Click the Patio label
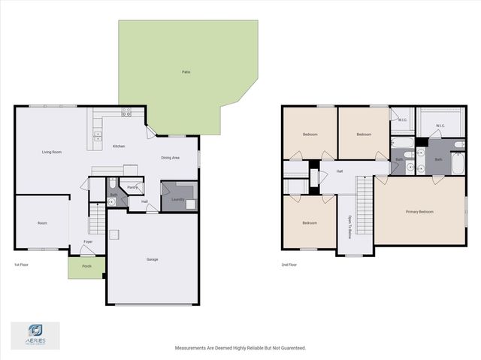(x=186, y=72)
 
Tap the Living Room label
(x=51, y=152)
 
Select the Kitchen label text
(x=119, y=146)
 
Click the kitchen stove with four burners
(x=126, y=113)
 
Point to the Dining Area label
(x=171, y=158)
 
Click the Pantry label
(x=132, y=188)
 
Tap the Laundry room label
(x=177, y=199)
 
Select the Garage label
(x=152, y=259)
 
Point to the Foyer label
(x=88, y=242)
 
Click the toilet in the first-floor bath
(x=113, y=183)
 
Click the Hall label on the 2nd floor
(x=339, y=171)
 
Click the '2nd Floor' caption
(x=289, y=265)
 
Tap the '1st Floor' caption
(x=22, y=265)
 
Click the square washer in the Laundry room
(x=190, y=203)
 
